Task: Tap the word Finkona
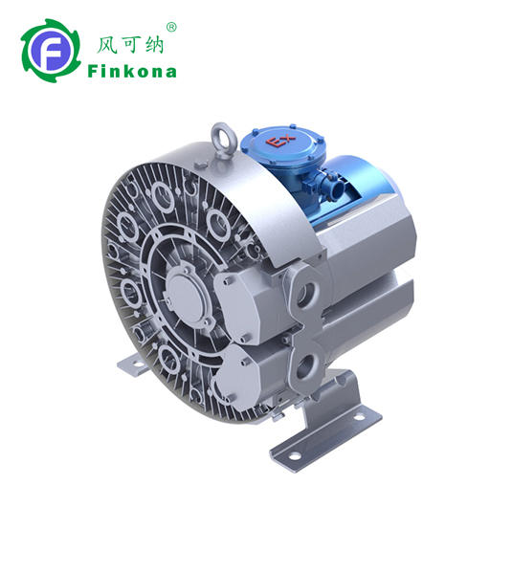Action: pos(131,71)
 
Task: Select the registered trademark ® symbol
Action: pos(171,27)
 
